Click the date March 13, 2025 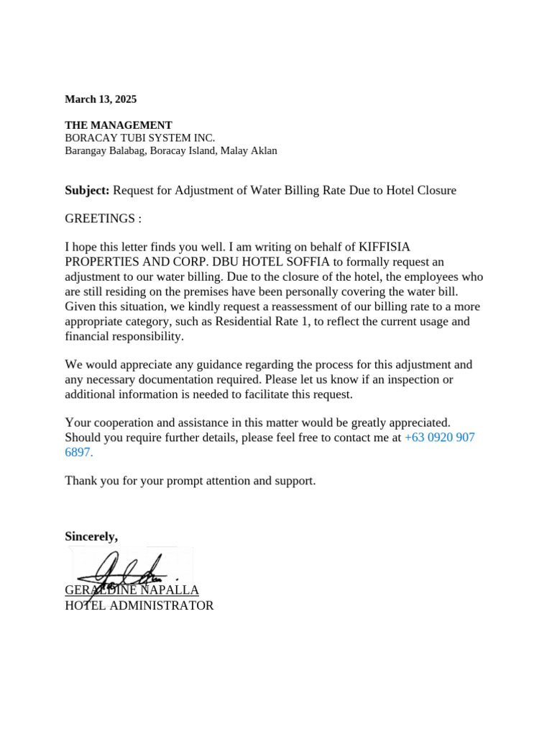pos(101,99)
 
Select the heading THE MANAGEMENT pos(119,125)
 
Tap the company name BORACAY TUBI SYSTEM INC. pos(139,138)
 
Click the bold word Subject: pos(87,190)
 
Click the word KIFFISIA pos(385,247)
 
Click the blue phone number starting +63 pos(440,438)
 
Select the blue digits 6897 pos(78,453)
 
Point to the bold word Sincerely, pos(91,536)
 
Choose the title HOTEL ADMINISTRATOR pos(139,605)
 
